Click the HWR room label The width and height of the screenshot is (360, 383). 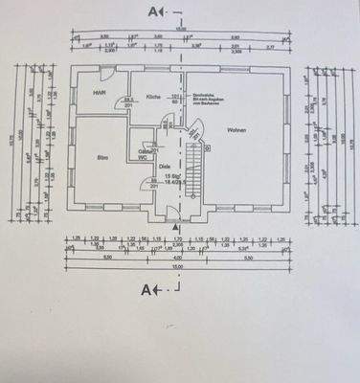[98, 93]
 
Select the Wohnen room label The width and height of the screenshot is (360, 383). [237, 130]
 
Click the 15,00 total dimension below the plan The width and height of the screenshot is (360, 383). [178, 268]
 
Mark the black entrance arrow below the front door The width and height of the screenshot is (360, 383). [175, 226]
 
